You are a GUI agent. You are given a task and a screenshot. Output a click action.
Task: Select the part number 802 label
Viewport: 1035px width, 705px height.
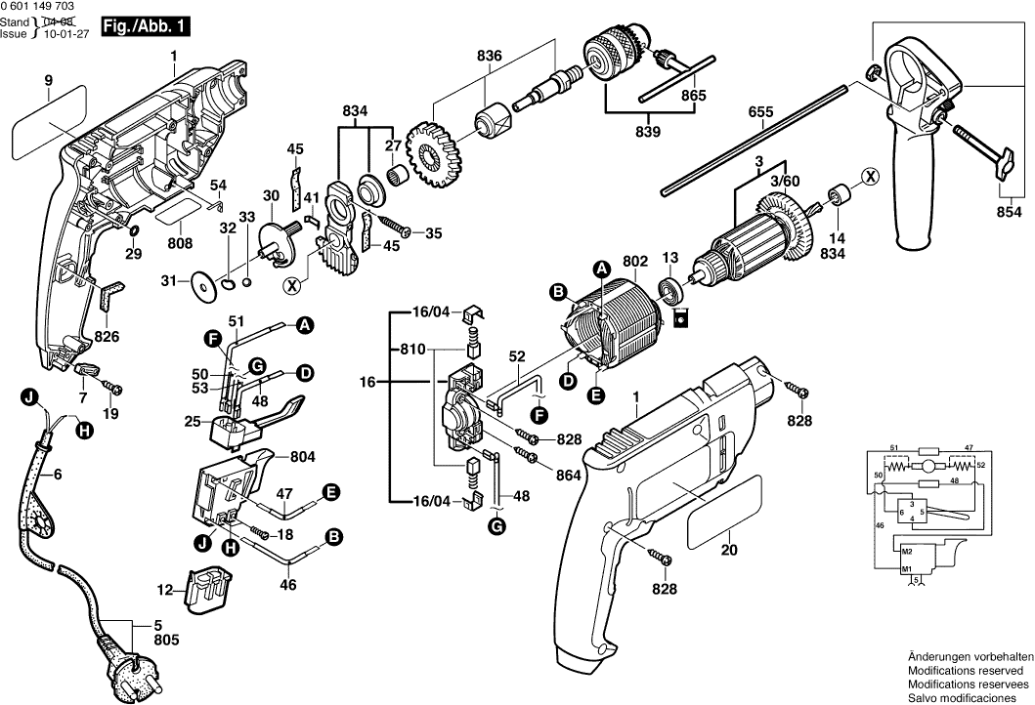click(x=635, y=262)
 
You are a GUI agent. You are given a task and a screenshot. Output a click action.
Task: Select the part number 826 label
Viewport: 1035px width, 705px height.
click(x=107, y=336)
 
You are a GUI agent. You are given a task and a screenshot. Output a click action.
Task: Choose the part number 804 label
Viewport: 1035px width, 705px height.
click(x=303, y=454)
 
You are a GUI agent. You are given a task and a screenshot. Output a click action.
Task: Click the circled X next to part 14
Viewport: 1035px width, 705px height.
click(x=868, y=177)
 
